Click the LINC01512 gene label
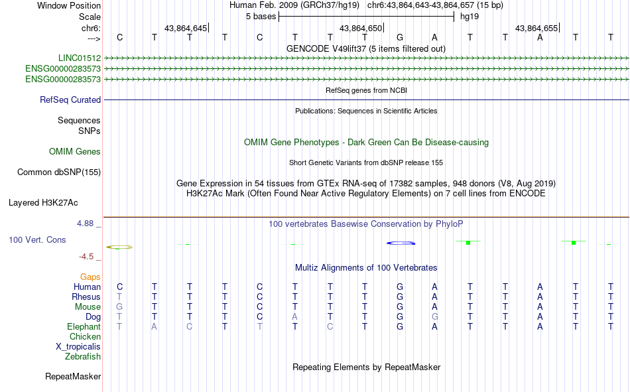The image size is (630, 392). pos(80,58)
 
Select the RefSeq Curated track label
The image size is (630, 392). pos(70,99)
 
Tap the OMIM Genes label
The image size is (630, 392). pos(75,152)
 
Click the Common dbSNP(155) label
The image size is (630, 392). pos(59,172)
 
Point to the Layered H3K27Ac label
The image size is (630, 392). pos(43,203)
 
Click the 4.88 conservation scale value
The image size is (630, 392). pos(85,223)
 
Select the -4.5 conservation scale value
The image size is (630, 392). pos(86,257)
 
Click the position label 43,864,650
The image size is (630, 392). pos(360,28)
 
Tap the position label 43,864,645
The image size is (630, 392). pos(185,28)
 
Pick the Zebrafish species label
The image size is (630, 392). pos(83,357)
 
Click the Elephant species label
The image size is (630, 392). pos(84,326)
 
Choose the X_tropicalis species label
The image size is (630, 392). pos(78,347)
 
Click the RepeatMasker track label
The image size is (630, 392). pos(73,376)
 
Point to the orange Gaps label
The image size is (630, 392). pos(90,277)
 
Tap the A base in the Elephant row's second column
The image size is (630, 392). pos(155,327)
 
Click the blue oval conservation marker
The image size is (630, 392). pos(401,243)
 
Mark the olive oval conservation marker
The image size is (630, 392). pos(119,247)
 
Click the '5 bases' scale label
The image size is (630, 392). pos(261,17)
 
